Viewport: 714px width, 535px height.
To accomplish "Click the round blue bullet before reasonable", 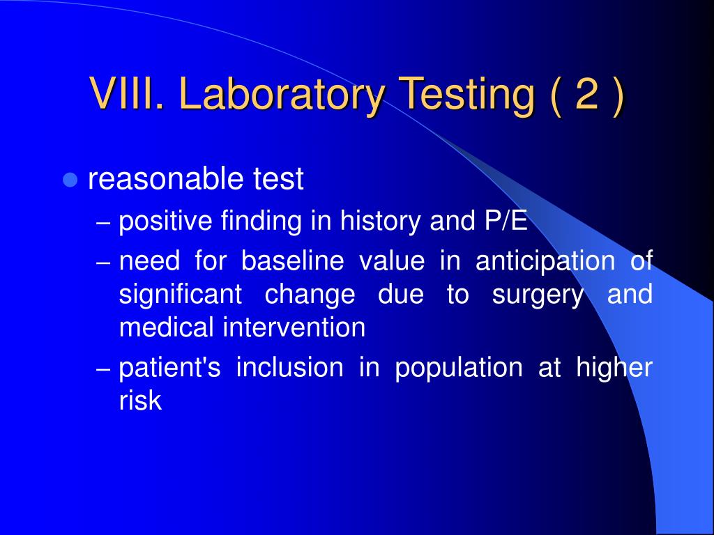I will coord(69,180).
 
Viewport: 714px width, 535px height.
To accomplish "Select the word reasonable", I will coord(165,180).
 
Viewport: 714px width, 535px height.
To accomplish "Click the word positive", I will coord(165,223).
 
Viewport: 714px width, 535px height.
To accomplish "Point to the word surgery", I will coord(538,295).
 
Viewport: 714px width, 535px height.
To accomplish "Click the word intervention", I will coord(294,327).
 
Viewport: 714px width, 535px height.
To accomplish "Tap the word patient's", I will coord(169,368).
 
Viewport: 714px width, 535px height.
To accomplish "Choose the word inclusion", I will coord(289,368).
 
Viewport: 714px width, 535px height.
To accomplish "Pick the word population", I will coord(458,369).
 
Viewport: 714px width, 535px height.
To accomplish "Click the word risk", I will coord(140,401).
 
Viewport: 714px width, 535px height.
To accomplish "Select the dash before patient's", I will coord(103,369).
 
